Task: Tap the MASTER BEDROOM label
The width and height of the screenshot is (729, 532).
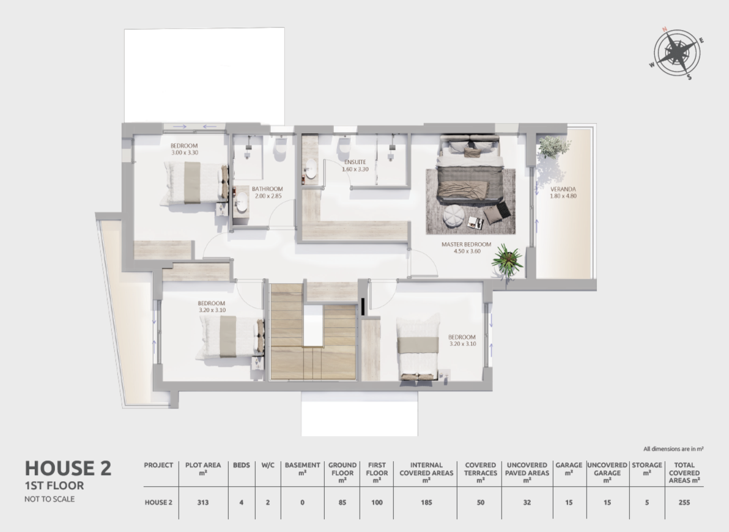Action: click(x=466, y=244)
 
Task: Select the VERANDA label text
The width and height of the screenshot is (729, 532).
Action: click(x=563, y=190)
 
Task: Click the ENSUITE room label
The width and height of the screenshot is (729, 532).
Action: click(x=355, y=162)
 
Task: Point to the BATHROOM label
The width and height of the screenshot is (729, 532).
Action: click(x=267, y=189)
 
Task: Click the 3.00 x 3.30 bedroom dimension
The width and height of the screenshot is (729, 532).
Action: click(x=185, y=152)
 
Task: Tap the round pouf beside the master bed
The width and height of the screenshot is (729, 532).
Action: click(x=453, y=216)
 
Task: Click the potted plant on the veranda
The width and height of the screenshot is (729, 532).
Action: click(x=553, y=147)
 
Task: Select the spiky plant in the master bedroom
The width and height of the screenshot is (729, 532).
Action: click(x=507, y=260)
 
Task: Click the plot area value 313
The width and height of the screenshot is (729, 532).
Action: click(x=202, y=502)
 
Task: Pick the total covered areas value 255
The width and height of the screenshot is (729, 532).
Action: click(x=684, y=502)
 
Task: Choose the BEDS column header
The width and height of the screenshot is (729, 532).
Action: click(x=242, y=465)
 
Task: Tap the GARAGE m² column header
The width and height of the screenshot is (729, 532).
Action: click(x=569, y=469)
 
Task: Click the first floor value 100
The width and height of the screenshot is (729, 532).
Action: click(x=377, y=502)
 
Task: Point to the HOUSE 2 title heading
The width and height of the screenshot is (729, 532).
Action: click(x=68, y=468)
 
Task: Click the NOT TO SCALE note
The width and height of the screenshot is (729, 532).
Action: click(x=50, y=499)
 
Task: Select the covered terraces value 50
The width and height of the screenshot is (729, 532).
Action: click(x=480, y=502)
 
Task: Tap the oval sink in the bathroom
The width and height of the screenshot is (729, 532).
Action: click(x=242, y=202)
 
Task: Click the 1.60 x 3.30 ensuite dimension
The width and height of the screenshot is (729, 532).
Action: click(x=355, y=169)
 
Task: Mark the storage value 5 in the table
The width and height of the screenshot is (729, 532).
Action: click(x=646, y=502)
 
